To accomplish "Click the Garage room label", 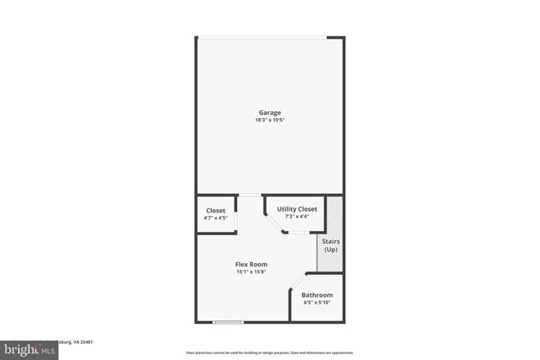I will click(269, 112).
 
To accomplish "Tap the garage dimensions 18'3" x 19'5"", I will click(269, 120).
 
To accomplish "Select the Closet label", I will click(216, 210).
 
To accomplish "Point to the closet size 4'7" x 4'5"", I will click(216, 218).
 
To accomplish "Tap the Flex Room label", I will click(251, 264).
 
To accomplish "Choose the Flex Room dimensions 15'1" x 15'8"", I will click(251, 271).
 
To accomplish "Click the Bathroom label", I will click(317, 295).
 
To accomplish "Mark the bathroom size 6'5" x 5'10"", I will click(317, 303).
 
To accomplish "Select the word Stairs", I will click(331, 242).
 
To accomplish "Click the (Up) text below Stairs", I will click(331, 250).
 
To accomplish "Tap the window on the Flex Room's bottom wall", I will click(227, 321).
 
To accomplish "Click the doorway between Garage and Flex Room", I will click(251, 196).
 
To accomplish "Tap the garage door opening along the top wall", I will click(262, 36).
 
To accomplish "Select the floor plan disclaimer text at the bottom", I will click(270, 352).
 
